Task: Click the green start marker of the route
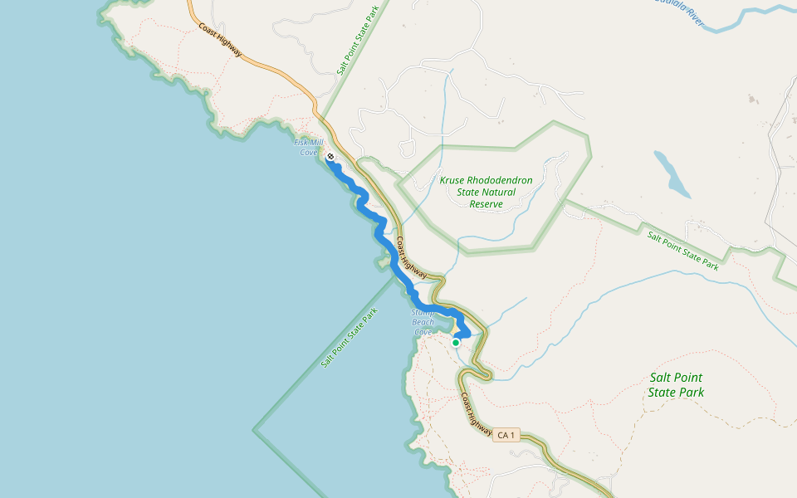[456, 342]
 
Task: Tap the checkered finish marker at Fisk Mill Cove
[330, 156]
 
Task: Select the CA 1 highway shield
[506, 435]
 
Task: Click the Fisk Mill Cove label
[307, 147]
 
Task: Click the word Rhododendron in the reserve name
[498, 180]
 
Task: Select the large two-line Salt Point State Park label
[677, 384]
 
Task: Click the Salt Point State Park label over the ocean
[350, 337]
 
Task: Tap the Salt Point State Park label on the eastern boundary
[683, 250]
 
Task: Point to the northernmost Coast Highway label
[220, 39]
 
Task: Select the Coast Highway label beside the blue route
[411, 258]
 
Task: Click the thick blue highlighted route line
[384, 241]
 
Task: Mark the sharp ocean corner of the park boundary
[254, 431]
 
